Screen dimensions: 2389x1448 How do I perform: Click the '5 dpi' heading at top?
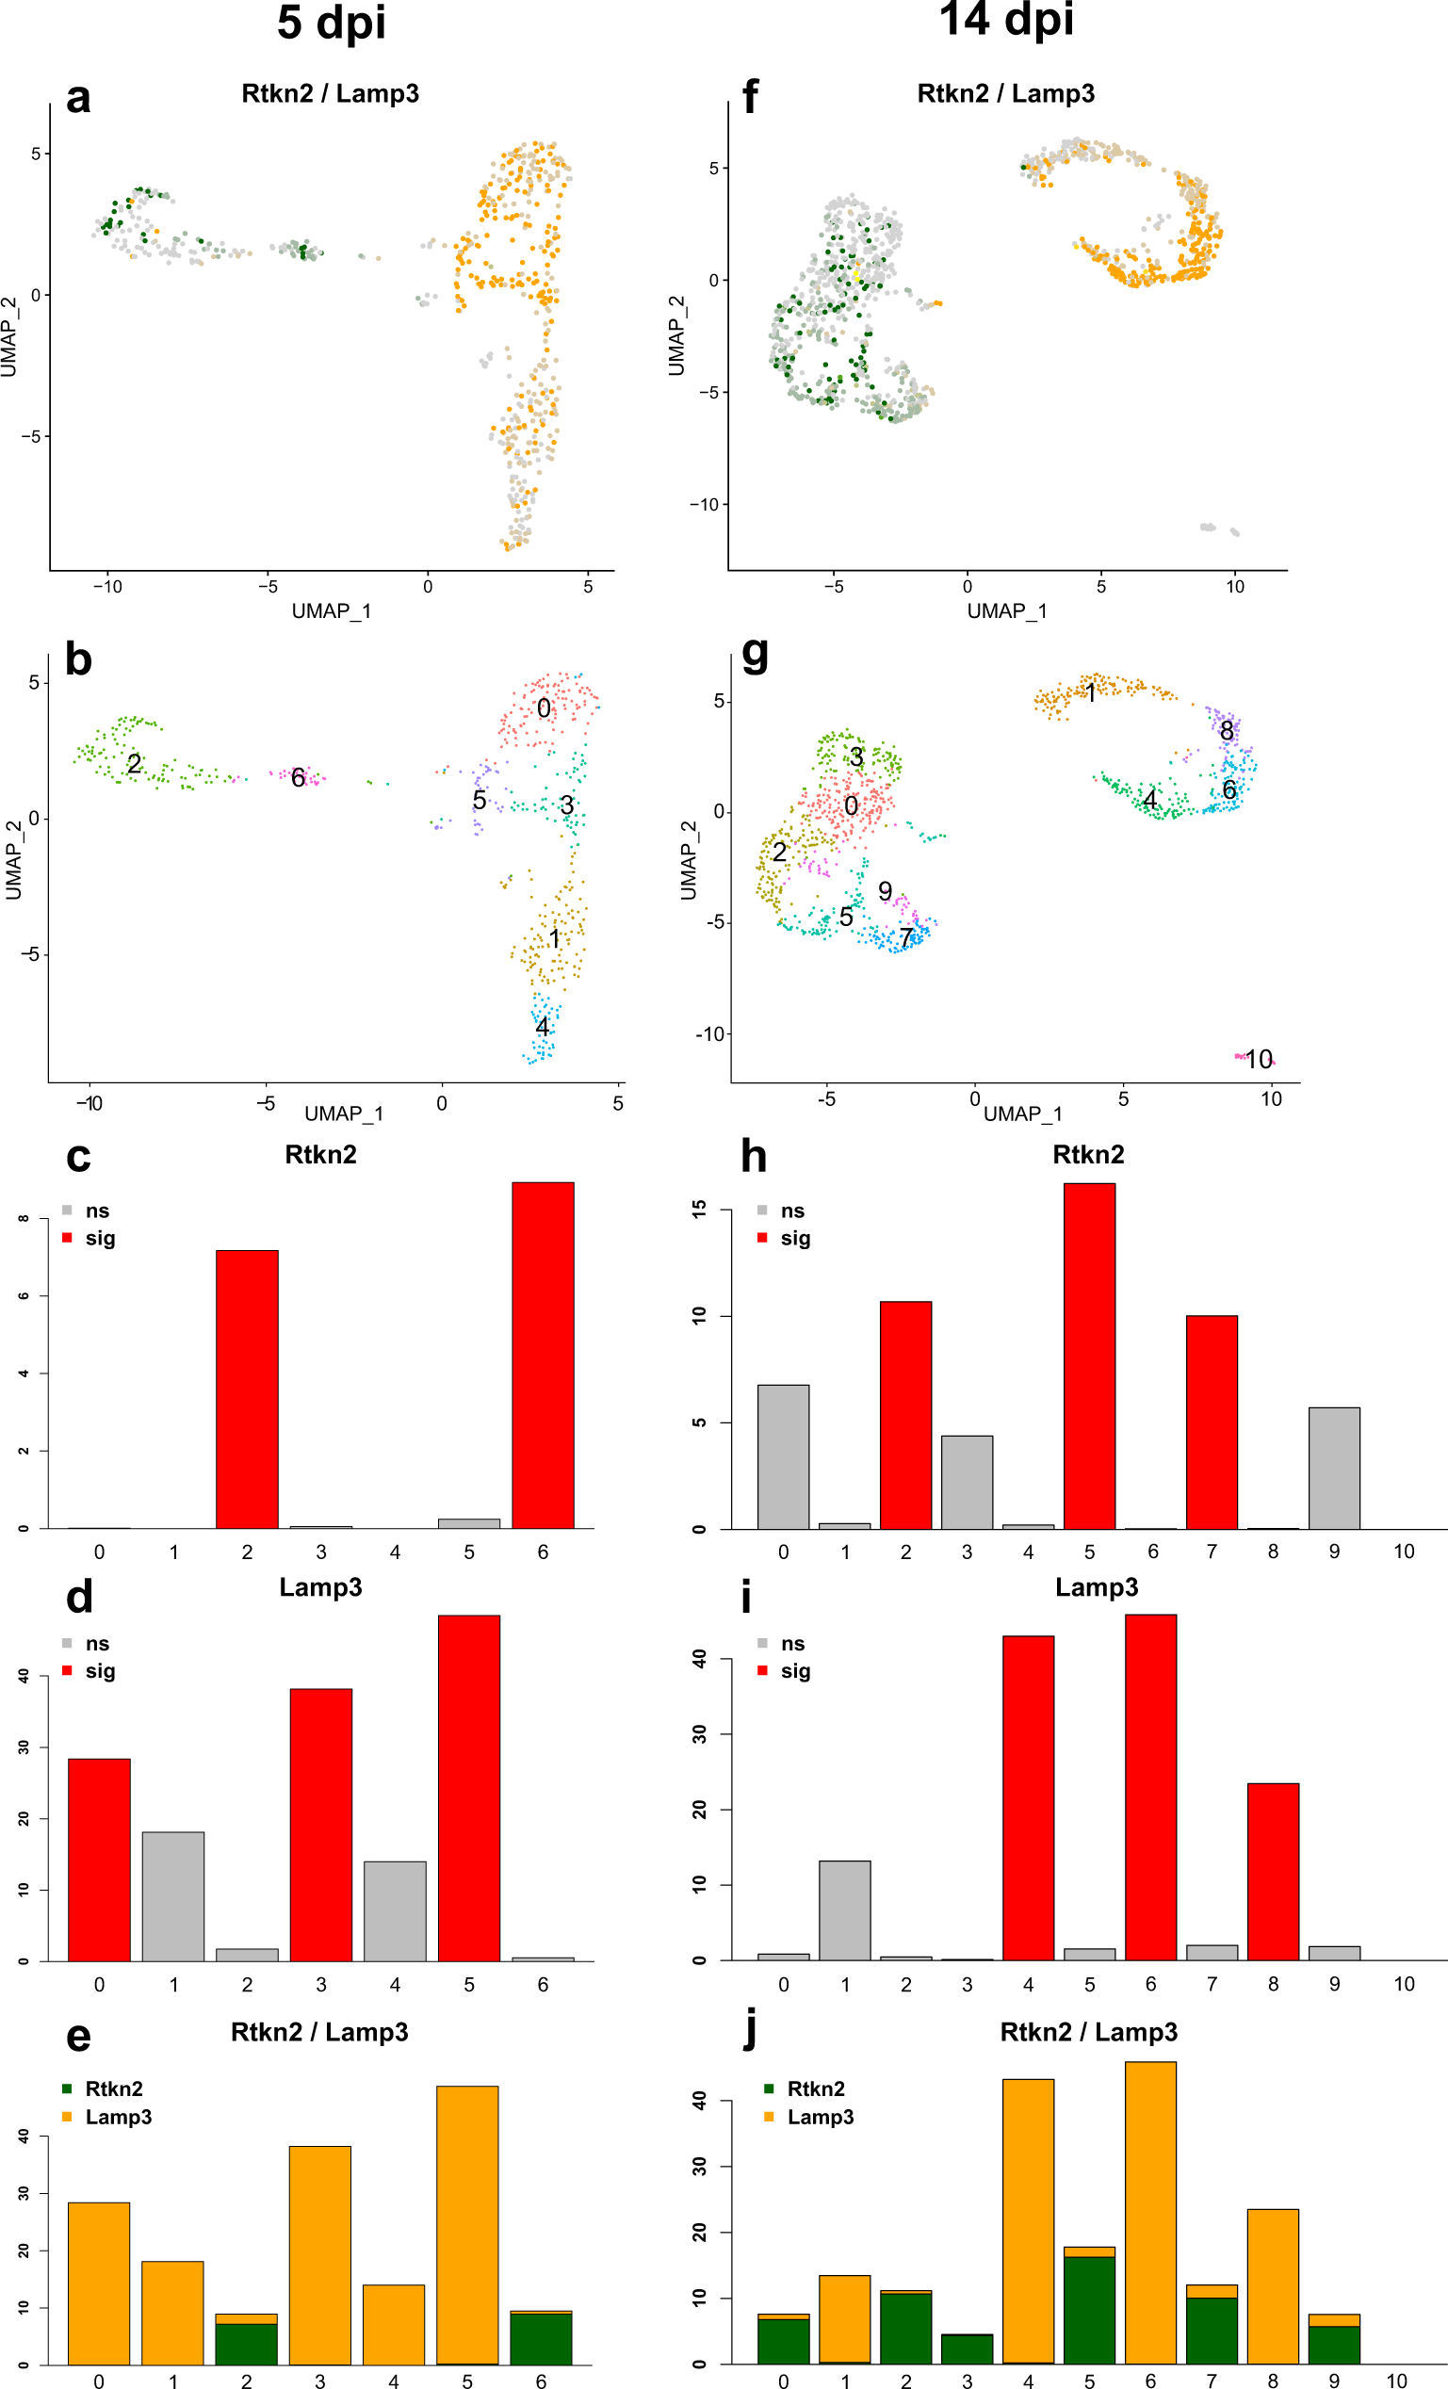pos(331,24)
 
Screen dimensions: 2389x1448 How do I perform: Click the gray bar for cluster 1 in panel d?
pos(172,1900)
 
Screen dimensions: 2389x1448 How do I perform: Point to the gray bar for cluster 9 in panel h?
pos(1334,1468)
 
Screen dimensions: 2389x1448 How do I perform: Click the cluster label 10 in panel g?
pos(1258,1059)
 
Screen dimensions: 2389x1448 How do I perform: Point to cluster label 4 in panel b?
pos(542,1026)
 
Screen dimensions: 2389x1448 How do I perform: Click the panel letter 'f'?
pos(750,97)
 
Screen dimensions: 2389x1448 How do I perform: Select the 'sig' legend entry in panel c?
pos(99,1238)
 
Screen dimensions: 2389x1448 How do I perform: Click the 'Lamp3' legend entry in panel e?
pos(118,2117)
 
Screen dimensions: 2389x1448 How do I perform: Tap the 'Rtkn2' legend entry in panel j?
pos(815,2088)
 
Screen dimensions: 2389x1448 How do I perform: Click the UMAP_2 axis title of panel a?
pos(9,336)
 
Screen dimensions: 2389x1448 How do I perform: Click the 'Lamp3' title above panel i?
pos(1096,1587)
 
